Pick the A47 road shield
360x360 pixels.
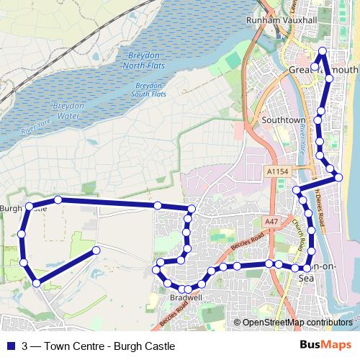(x=270, y=222)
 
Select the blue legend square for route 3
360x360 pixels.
(x=9, y=346)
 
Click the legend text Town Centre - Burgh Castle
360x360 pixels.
(x=108, y=346)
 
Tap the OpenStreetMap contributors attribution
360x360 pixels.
(x=297, y=323)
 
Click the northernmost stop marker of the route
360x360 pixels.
(x=323, y=51)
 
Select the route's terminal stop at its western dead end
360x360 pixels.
(x=95, y=250)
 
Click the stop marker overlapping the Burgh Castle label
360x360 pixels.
(x=30, y=207)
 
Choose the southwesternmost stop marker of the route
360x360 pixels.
(x=35, y=282)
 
